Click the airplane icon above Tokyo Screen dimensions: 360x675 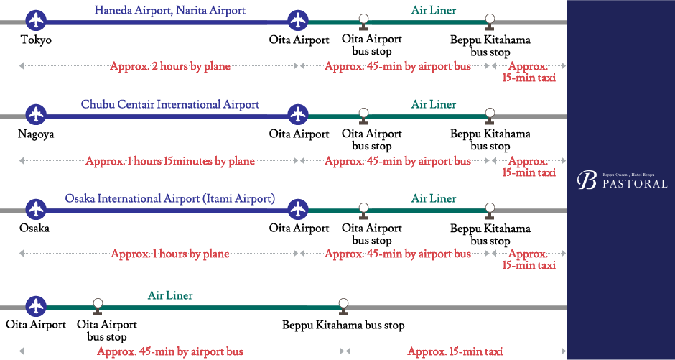(35, 22)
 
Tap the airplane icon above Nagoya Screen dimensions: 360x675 (35, 115)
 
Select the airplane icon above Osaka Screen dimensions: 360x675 (35, 209)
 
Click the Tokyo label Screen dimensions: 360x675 (36, 40)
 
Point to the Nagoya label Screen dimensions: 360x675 (36, 134)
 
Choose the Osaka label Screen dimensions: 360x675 (35, 228)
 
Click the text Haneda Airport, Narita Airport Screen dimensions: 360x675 (169, 11)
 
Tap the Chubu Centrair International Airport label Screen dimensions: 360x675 (169, 105)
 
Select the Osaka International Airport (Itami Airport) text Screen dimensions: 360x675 (169, 198)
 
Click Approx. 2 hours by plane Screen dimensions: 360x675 (169, 66)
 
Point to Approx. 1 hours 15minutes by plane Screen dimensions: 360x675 (169, 161)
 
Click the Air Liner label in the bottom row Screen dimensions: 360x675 (170, 295)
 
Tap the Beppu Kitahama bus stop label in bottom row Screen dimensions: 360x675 (343, 326)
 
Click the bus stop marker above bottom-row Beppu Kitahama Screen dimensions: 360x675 (343, 305)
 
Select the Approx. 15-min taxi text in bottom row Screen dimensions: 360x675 (455, 351)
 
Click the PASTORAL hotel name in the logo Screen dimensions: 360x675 (635, 183)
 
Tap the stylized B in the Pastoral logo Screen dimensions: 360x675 (587, 180)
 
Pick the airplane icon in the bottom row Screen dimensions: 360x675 (35, 306)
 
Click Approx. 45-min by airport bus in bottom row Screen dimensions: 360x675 (169, 351)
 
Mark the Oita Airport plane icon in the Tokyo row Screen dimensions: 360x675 (298, 22)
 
